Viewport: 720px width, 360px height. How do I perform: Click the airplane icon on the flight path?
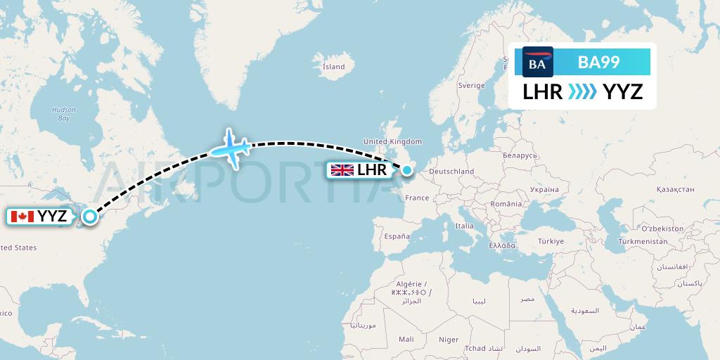coord(231,148)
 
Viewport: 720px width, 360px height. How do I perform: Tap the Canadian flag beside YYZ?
coord(23,217)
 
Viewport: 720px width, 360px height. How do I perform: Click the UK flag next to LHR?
coord(342,170)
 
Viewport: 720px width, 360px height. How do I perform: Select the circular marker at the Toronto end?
coord(89,217)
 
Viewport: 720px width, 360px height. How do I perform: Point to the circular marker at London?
coord(406,169)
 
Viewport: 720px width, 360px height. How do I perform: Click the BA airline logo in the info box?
coord(538,62)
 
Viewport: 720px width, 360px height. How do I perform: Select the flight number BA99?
coord(598,63)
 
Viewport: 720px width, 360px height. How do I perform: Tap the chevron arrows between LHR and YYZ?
coord(582,91)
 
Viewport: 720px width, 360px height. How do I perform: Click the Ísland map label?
coord(333,67)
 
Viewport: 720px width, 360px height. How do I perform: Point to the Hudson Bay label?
coord(64,114)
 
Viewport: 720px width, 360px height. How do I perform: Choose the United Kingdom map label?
coord(392,141)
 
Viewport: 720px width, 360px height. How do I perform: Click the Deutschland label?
coord(451,172)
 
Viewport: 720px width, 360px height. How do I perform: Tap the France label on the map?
coord(417,198)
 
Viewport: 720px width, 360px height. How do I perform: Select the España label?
coord(397,237)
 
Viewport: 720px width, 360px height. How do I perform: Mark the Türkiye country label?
coord(551,241)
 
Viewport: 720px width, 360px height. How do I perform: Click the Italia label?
coord(464,226)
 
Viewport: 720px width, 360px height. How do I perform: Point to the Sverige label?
coord(472,85)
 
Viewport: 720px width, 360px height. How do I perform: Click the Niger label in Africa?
coord(449,340)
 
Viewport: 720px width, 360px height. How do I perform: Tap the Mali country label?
coord(406,339)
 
